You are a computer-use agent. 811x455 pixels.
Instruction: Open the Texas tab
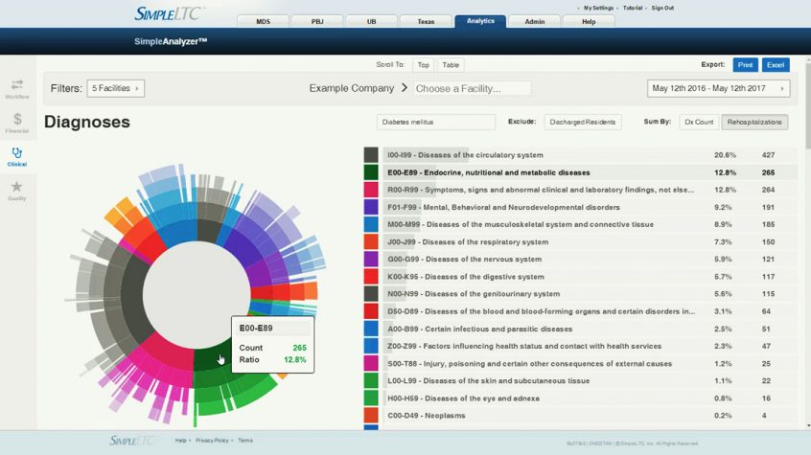click(x=424, y=21)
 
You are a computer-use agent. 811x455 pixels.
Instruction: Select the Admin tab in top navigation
click(x=535, y=21)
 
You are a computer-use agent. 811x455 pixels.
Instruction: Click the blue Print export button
click(x=745, y=65)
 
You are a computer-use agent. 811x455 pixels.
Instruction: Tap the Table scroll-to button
click(x=451, y=65)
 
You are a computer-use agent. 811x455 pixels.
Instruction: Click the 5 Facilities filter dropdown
click(x=115, y=88)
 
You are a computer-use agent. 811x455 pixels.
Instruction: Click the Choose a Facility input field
click(x=471, y=88)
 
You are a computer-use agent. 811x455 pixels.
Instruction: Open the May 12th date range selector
click(x=718, y=88)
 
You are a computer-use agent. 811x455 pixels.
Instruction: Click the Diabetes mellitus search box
click(x=436, y=122)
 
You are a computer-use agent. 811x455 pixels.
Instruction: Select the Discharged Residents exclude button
click(x=583, y=122)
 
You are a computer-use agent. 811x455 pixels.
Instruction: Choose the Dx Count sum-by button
click(x=699, y=122)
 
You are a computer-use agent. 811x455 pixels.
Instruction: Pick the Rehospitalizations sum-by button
click(x=755, y=122)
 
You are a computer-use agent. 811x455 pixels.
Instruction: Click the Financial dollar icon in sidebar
click(x=17, y=122)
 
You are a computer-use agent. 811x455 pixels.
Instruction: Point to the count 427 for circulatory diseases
click(x=768, y=155)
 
